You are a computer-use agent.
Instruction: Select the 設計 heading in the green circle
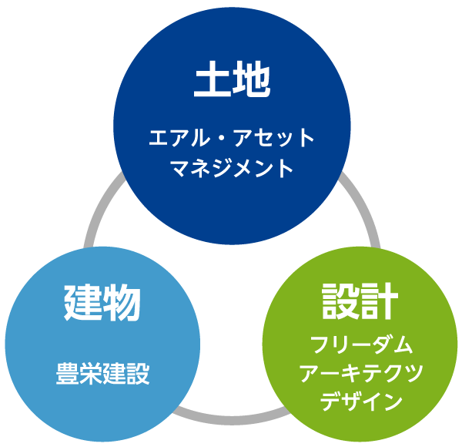(360, 301)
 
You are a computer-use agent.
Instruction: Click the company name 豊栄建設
(102, 375)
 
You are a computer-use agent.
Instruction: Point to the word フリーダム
(360, 344)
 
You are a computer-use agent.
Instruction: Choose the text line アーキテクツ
(360, 373)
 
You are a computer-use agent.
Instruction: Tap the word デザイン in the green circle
(360, 402)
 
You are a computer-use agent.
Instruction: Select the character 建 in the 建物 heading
(82, 302)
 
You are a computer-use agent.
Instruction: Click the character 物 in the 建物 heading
(121, 302)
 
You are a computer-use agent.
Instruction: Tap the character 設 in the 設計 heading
(340, 301)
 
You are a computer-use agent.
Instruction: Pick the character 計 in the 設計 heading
(379, 301)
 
